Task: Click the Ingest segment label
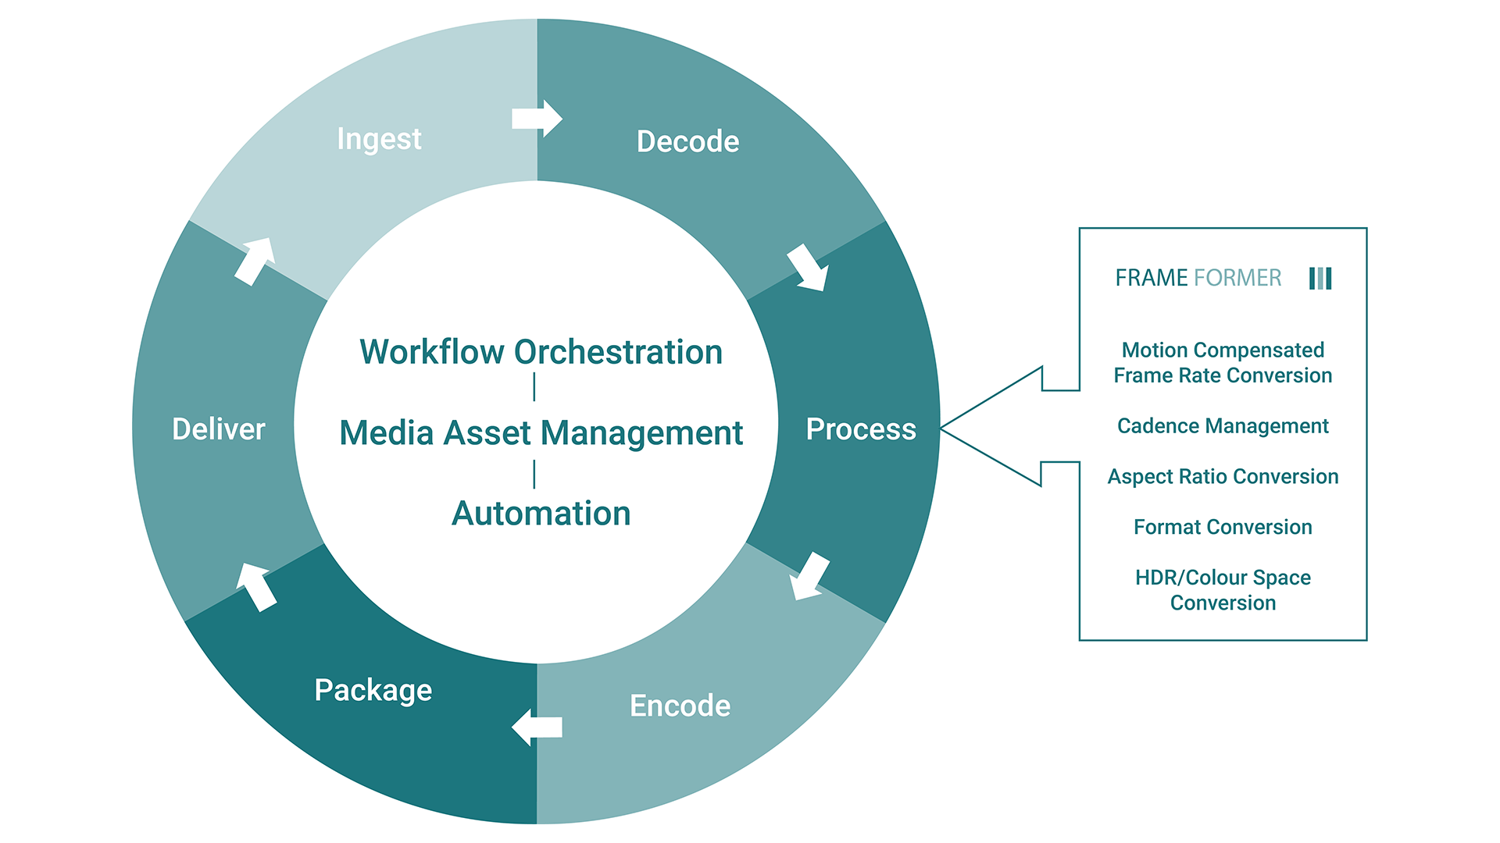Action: (x=379, y=139)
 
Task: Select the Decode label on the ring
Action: (x=687, y=141)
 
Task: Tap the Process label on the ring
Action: (x=861, y=429)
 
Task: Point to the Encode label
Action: (x=680, y=706)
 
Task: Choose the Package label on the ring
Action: (x=373, y=690)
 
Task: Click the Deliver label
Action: (x=219, y=429)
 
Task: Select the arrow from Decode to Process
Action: (x=809, y=268)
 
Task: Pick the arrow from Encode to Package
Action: (x=537, y=727)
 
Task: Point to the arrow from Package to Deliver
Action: (x=256, y=587)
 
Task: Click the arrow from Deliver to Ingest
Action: (x=255, y=261)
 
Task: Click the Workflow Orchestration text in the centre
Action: (x=541, y=352)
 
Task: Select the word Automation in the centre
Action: (x=541, y=514)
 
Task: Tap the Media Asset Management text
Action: (x=541, y=432)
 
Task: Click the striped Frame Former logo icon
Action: (x=1320, y=278)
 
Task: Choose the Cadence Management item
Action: (x=1223, y=426)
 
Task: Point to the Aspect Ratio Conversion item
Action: (x=1223, y=477)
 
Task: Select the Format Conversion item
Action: (x=1223, y=528)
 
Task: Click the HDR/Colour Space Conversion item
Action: (x=1223, y=590)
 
